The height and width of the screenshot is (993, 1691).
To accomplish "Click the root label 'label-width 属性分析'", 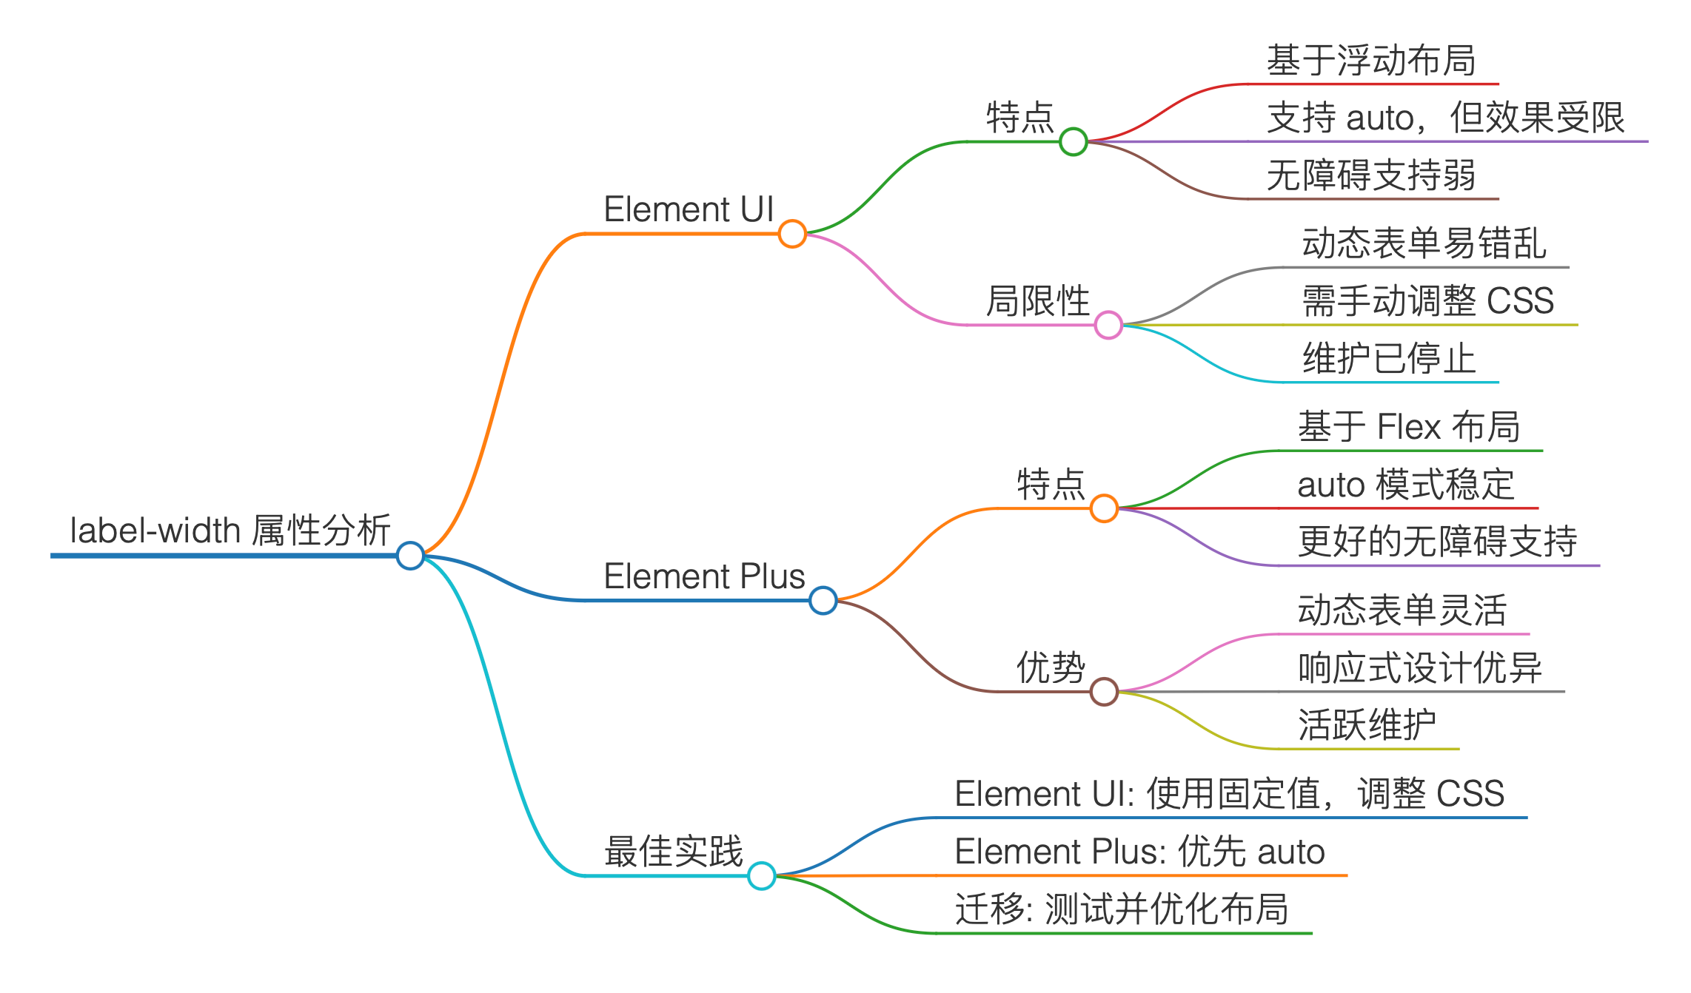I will coord(230,531).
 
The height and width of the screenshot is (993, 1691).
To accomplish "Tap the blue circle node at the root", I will coord(410,555).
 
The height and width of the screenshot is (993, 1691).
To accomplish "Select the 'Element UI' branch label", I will coord(689,209).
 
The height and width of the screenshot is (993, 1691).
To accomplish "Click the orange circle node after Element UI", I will coord(792,234).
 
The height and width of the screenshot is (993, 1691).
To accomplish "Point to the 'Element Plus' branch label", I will coord(704,576).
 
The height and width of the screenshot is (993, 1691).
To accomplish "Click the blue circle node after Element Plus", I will coord(823,600).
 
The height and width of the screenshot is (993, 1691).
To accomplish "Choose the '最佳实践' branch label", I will coord(673,852).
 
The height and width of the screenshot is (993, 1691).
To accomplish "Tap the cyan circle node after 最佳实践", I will coord(761,876).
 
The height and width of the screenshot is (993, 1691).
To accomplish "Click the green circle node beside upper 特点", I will coord(1073,141).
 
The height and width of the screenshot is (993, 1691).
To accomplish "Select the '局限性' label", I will coord(1037,301).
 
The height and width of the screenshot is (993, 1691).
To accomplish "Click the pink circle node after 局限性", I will coord(1108,325).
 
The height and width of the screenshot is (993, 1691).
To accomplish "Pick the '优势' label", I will coord(1050,668).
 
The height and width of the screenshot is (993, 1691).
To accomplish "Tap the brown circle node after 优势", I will coord(1104,692).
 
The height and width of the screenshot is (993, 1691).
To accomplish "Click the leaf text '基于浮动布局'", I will coord(1371,61).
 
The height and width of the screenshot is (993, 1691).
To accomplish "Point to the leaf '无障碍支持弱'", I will coord(1371,175).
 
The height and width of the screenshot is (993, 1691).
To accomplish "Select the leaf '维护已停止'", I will coord(1389,359).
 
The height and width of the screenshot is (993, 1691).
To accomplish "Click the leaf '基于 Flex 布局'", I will coord(1409,427).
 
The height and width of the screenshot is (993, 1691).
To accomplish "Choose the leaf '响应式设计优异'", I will coord(1419,668).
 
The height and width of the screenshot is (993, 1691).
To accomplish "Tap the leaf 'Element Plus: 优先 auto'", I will coord(1139,852).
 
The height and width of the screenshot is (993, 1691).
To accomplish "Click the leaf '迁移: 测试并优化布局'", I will coord(1122,909).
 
